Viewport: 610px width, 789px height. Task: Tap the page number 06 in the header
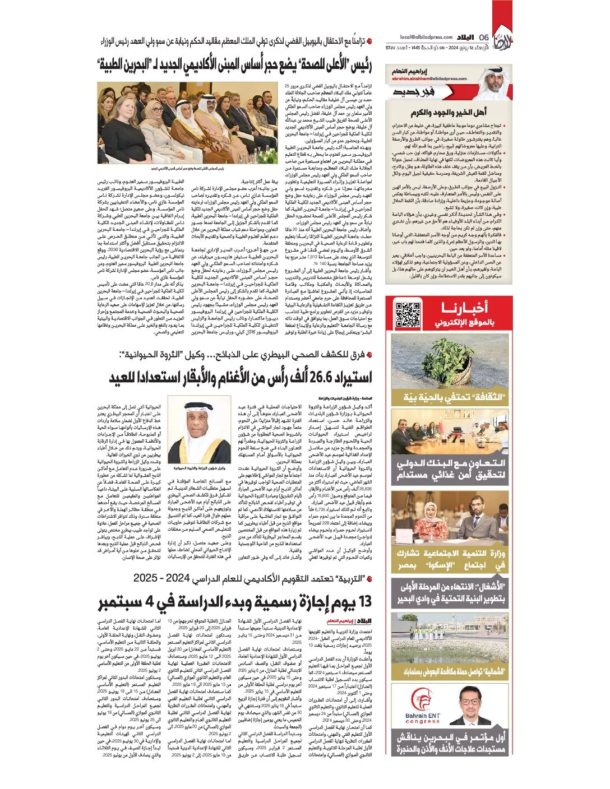tap(484, 38)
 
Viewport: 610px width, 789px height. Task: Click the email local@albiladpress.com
tap(426, 37)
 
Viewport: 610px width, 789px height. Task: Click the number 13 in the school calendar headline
tap(363, 602)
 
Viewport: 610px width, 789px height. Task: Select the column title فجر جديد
tap(414, 92)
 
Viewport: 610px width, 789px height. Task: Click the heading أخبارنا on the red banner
tap(464, 308)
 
